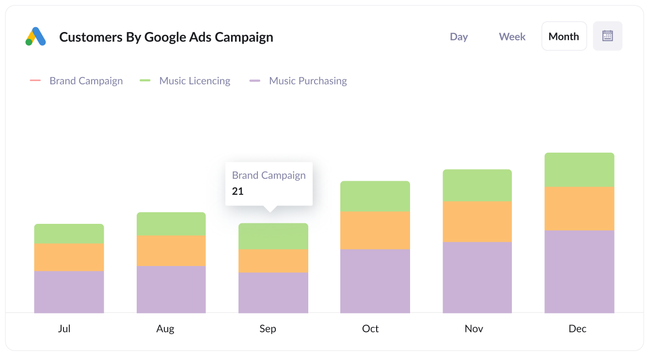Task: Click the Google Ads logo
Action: [x=35, y=36]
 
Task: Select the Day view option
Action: [x=459, y=37]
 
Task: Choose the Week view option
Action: [x=512, y=37]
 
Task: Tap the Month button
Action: [x=564, y=36]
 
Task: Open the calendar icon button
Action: [x=607, y=36]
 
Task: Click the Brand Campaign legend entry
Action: [x=86, y=81]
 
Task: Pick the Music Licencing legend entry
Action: [x=194, y=81]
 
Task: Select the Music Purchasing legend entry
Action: [x=307, y=81]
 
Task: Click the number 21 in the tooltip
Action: [x=238, y=191]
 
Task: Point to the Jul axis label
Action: [x=64, y=329]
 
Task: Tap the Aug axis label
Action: [x=165, y=329]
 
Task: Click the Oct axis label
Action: [x=370, y=329]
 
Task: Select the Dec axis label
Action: [x=577, y=329]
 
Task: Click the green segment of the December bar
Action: [x=579, y=170]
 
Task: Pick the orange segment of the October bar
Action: [x=375, y=230]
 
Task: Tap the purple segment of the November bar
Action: [x=477, y=277]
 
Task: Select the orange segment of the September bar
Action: [x=273, y=261]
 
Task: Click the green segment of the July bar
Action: [x=69, y=234]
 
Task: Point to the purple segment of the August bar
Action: [x=171, y=289]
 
